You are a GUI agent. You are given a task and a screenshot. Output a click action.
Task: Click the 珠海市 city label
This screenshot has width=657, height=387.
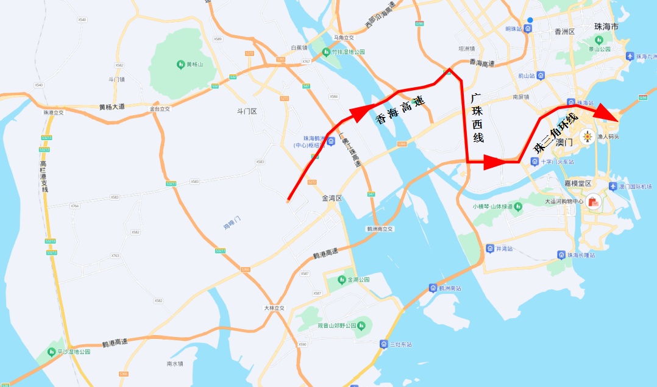click(606, 27)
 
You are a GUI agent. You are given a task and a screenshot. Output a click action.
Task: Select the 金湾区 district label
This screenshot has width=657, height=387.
click(333, 199)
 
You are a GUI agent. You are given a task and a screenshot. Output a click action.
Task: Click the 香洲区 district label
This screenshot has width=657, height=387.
click(561, 31)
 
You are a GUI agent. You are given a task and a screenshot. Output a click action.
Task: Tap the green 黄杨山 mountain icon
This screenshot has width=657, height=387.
click(180, 64)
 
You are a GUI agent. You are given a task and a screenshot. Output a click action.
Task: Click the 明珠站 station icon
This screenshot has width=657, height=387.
click(528, 29)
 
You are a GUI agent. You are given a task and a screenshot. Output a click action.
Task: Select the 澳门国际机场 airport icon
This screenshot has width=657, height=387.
click(614, 186)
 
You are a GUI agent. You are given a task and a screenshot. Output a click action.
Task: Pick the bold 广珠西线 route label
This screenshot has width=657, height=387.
click(477, 117)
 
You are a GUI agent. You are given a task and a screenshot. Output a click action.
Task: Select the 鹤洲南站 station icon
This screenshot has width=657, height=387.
click(433, 288)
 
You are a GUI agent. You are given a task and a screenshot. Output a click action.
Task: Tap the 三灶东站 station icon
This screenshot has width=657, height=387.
click(383, 344)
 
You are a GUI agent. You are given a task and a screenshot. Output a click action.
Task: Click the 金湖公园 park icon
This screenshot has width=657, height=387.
click(341, 280)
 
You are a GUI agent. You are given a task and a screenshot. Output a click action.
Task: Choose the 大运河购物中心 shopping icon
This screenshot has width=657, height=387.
click(592, 202)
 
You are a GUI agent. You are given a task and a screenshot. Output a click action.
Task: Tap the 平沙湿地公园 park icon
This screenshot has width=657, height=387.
click(51, 352)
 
